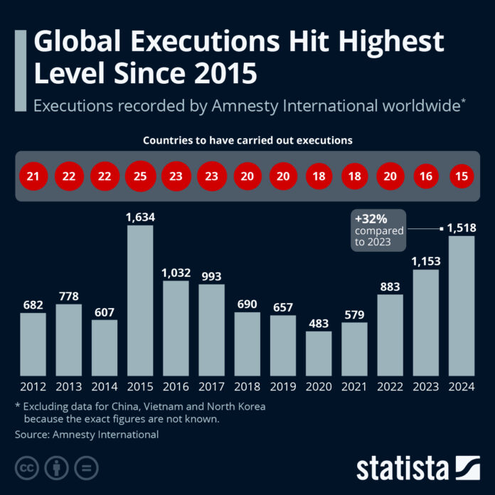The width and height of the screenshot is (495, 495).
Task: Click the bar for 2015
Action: click(140, 299)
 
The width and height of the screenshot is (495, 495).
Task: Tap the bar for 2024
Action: click(462, 305)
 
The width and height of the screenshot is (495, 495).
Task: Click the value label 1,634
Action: click(140, 217)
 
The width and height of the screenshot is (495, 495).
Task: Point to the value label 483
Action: click(319, 322)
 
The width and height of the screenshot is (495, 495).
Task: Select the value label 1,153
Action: click(426, 261)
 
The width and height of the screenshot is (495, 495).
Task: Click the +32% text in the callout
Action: click(372, 218)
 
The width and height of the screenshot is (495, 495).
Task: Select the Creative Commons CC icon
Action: click(27, 467)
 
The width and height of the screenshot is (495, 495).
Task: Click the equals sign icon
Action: click(86, 467)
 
